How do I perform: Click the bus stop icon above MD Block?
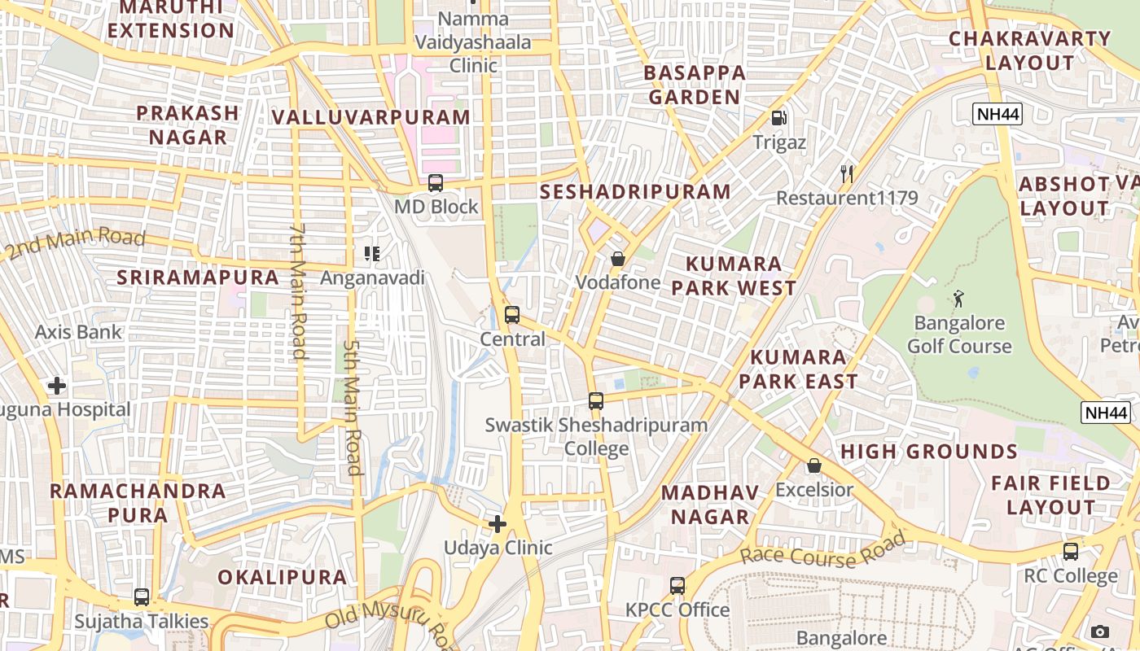436,183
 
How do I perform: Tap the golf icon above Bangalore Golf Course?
958,298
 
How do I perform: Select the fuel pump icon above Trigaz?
779,118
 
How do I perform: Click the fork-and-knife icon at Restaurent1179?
847,173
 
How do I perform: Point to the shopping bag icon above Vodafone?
618,259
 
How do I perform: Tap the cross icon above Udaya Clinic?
498,524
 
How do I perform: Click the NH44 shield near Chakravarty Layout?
997,114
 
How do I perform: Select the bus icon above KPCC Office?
677,585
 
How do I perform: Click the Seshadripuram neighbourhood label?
635,192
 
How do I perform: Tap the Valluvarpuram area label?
371,117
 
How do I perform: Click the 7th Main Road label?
298,291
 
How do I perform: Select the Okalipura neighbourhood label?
282,578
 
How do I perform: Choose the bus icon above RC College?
1071,551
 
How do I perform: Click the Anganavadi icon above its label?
372,254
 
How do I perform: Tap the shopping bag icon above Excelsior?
813,465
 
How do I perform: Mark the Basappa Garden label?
694,85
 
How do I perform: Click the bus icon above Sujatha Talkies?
142,597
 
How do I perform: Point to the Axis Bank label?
78,332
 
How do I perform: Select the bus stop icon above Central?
512,315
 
